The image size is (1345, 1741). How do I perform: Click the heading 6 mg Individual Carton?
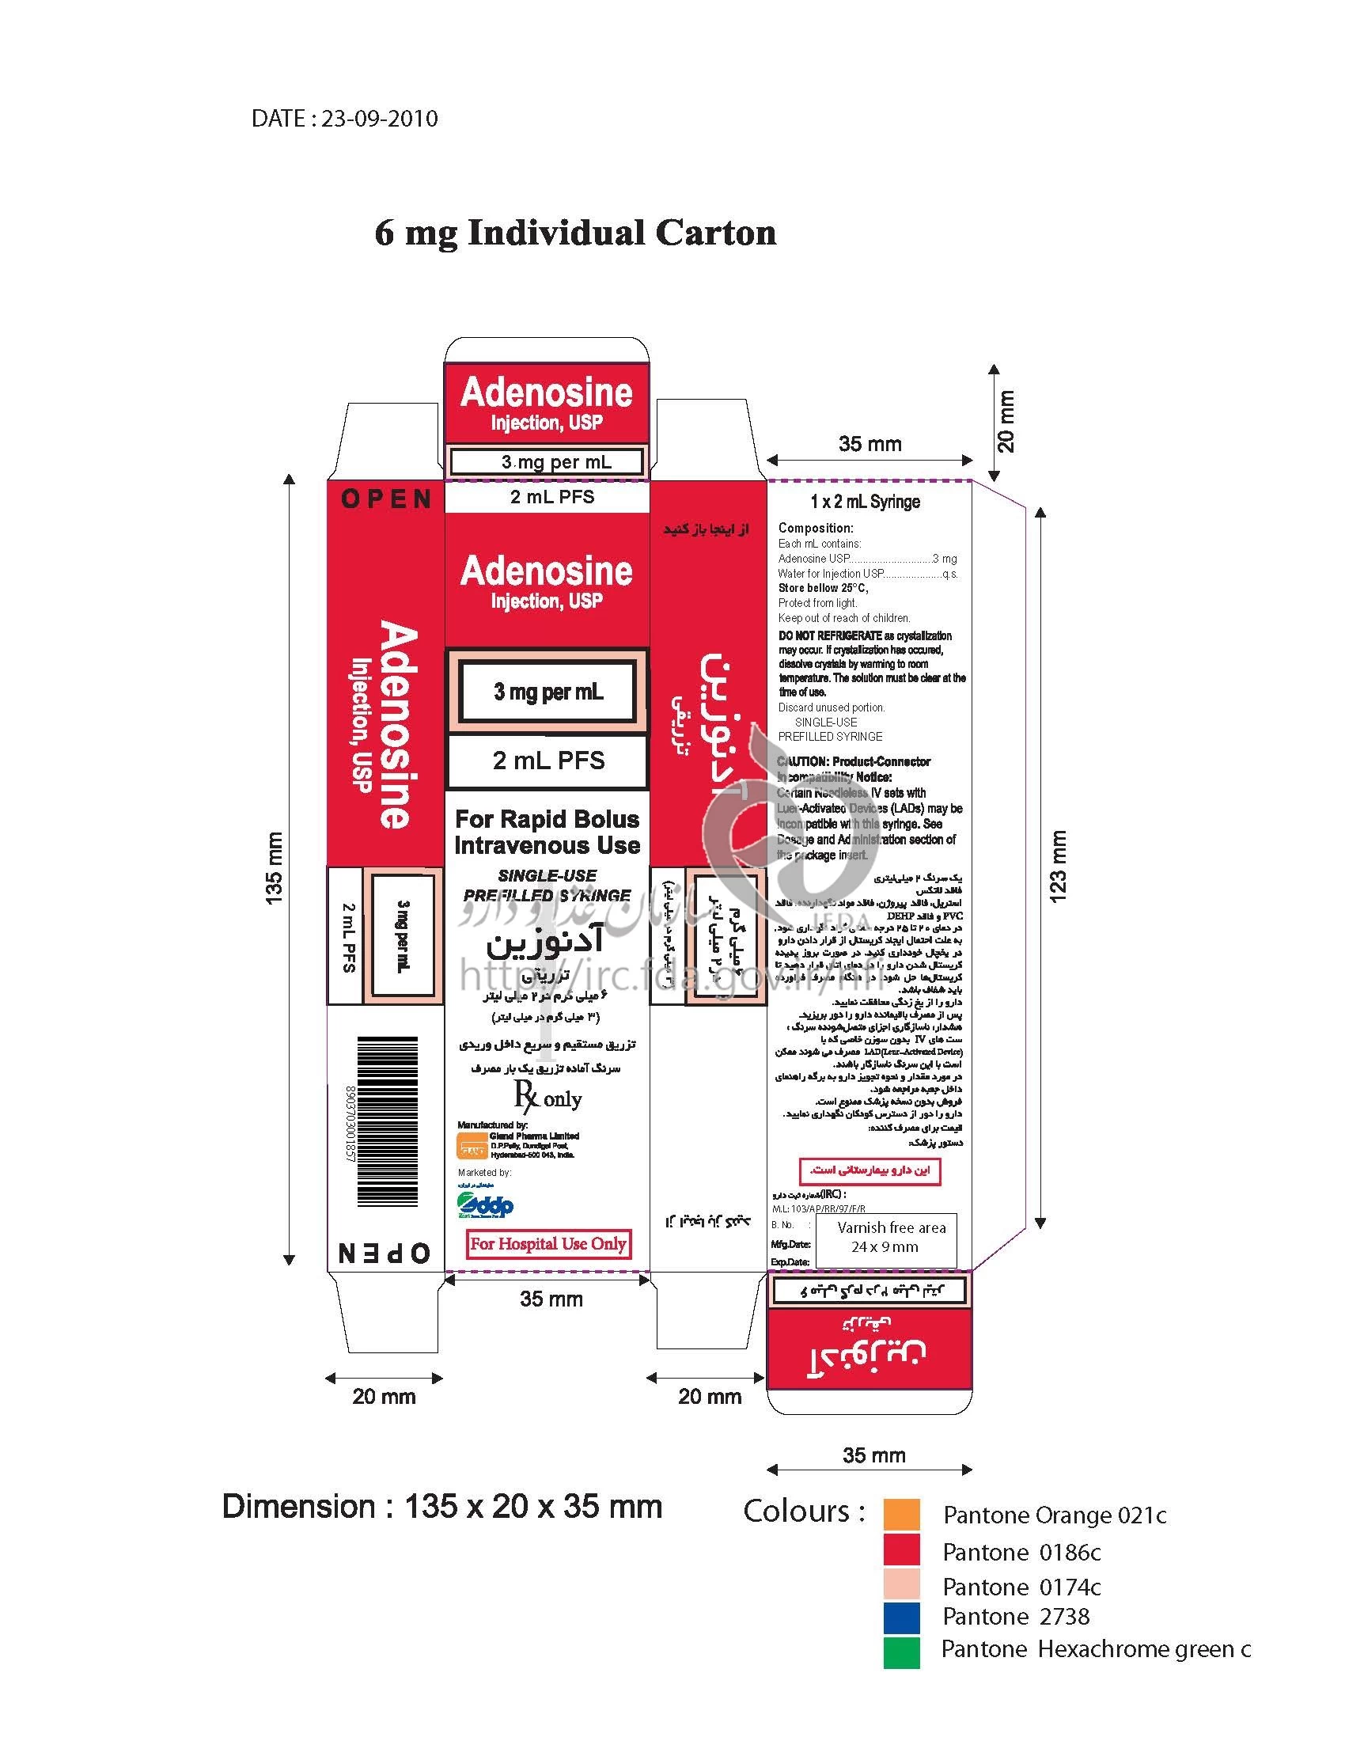[x=575, y=233]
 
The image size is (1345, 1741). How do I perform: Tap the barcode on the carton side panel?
[x=387, y=1121]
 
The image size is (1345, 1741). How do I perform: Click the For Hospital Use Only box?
[x=548, y=1243]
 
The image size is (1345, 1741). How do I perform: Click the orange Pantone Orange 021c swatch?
[x=901, y=1514]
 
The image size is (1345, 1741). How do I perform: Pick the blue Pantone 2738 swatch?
[x=901, y=1618]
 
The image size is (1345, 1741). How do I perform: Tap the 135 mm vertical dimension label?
[x=274, y=867]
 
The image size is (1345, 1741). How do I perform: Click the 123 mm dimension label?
[x=1057, y=866]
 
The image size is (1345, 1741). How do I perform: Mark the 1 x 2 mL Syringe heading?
[x=866, y=502]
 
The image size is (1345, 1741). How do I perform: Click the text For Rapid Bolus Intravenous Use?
[x=547, y=833]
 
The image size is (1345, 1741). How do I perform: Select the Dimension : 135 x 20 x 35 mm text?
[x=442, y=1507]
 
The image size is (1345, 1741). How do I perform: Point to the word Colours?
[x=803, y=1512]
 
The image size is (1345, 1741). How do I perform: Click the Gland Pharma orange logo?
[x=472, y=1147]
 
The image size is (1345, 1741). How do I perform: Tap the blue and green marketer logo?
[x=485, y=1205]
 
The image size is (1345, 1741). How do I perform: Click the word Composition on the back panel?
[x=815, y=528]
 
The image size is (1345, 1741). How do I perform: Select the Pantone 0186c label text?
[x=1021, y=1552]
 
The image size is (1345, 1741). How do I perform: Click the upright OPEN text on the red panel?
[x=386, y=499]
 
